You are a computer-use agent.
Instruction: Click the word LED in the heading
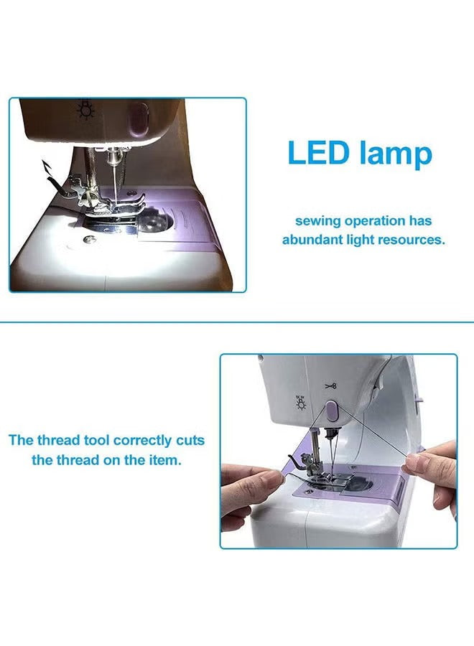point(317,152)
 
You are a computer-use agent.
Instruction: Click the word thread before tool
point(58,441)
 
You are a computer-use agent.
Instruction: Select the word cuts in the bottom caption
point(190,441)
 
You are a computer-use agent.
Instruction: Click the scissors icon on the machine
point(330,386)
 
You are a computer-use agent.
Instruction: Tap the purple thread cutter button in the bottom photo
point(333,411)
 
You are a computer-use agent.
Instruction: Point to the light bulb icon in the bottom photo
point(302,403)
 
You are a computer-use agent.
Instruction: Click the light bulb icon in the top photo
point(85,109)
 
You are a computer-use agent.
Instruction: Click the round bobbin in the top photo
point(155,223)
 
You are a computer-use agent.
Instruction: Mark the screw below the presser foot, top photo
point(88,239)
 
